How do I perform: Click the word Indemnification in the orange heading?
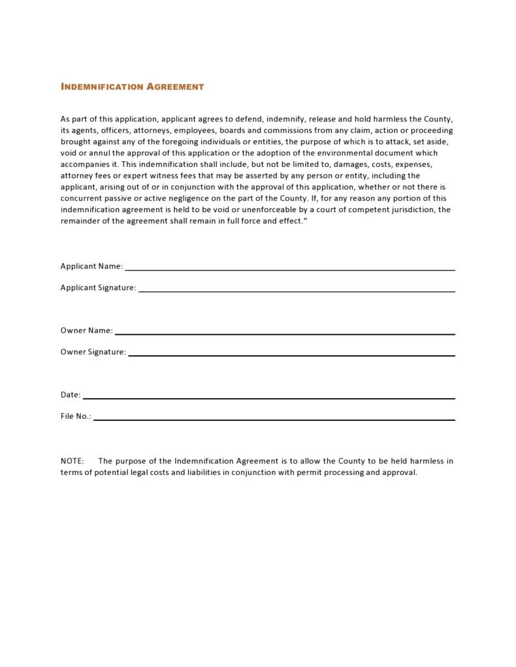pyautogui.click(x=101, y=87)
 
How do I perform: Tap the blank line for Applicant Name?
pyautogui.click(x=289, y=268)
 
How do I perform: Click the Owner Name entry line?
pyautogui.click(x=284, y=333)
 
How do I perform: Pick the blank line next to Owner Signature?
pyautogui.click(x=291, y=354)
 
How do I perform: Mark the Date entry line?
pyautogui.click(x=268, y=397)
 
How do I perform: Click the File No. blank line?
pyautogui.click(x=274, y=418)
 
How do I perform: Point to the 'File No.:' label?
pyautogui.click(x=76, y=416)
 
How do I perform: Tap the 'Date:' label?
pyautogui.click(x=71, y=395)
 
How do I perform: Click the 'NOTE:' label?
pyautogui.click(x=72, y=461)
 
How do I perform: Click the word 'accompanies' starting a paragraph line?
pyautogui.click(x=85, y=164)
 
